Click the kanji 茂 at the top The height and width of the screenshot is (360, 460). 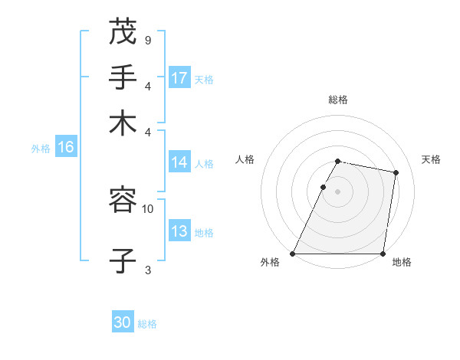pos(123,32)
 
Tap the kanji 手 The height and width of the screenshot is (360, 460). pos(123,78)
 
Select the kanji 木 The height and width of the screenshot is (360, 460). pos(123,123)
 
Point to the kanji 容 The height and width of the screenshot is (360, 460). pos(123,201)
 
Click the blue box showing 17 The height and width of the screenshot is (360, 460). pos(179,78)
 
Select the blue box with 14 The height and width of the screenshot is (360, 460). pos(179,162)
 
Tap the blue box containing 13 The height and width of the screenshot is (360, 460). pos(179,232)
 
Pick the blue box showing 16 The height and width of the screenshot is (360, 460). pos(65,147)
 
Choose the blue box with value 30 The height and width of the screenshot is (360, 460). pos(123,322)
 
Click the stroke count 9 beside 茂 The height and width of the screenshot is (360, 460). pos(147,39)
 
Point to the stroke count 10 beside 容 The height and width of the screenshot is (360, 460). pos(147,208)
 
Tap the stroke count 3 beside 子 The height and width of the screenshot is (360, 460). pos(147,269)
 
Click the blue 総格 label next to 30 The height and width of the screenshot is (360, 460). pos(148,324)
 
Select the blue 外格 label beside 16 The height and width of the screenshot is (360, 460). pos(41,149)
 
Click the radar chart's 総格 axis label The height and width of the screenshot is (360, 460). pos(338,100)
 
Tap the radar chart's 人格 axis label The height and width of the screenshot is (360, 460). pos(245,159)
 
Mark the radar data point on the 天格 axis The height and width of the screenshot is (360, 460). pos(396,173)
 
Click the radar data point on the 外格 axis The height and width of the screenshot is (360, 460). pos(293,254)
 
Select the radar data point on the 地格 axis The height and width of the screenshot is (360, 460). pos(383,254)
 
